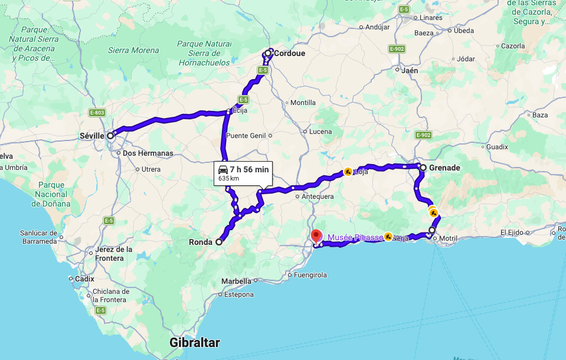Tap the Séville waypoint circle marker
[x=110, y=135]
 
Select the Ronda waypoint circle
[x=219, y=242]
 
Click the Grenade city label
[x=444, y=168]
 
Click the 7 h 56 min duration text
[x=249, y=169]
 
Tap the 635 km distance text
[x=228, y=178]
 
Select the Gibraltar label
[x=194, y=342]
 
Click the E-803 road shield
[x=97, y=113]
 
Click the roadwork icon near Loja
[x=348, y=172]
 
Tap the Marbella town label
[x=236, y=281]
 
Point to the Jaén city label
[x=409, y=70]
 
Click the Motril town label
[x=449, y=238]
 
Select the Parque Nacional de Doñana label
[x=53, y=194]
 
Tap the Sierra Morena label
[x=133, y=51]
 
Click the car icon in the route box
[x=223, y=169]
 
